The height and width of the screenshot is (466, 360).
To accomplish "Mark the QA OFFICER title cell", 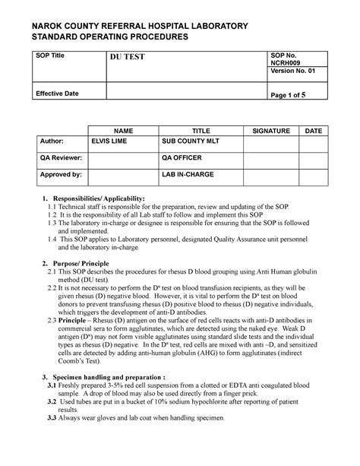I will [182, 158].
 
